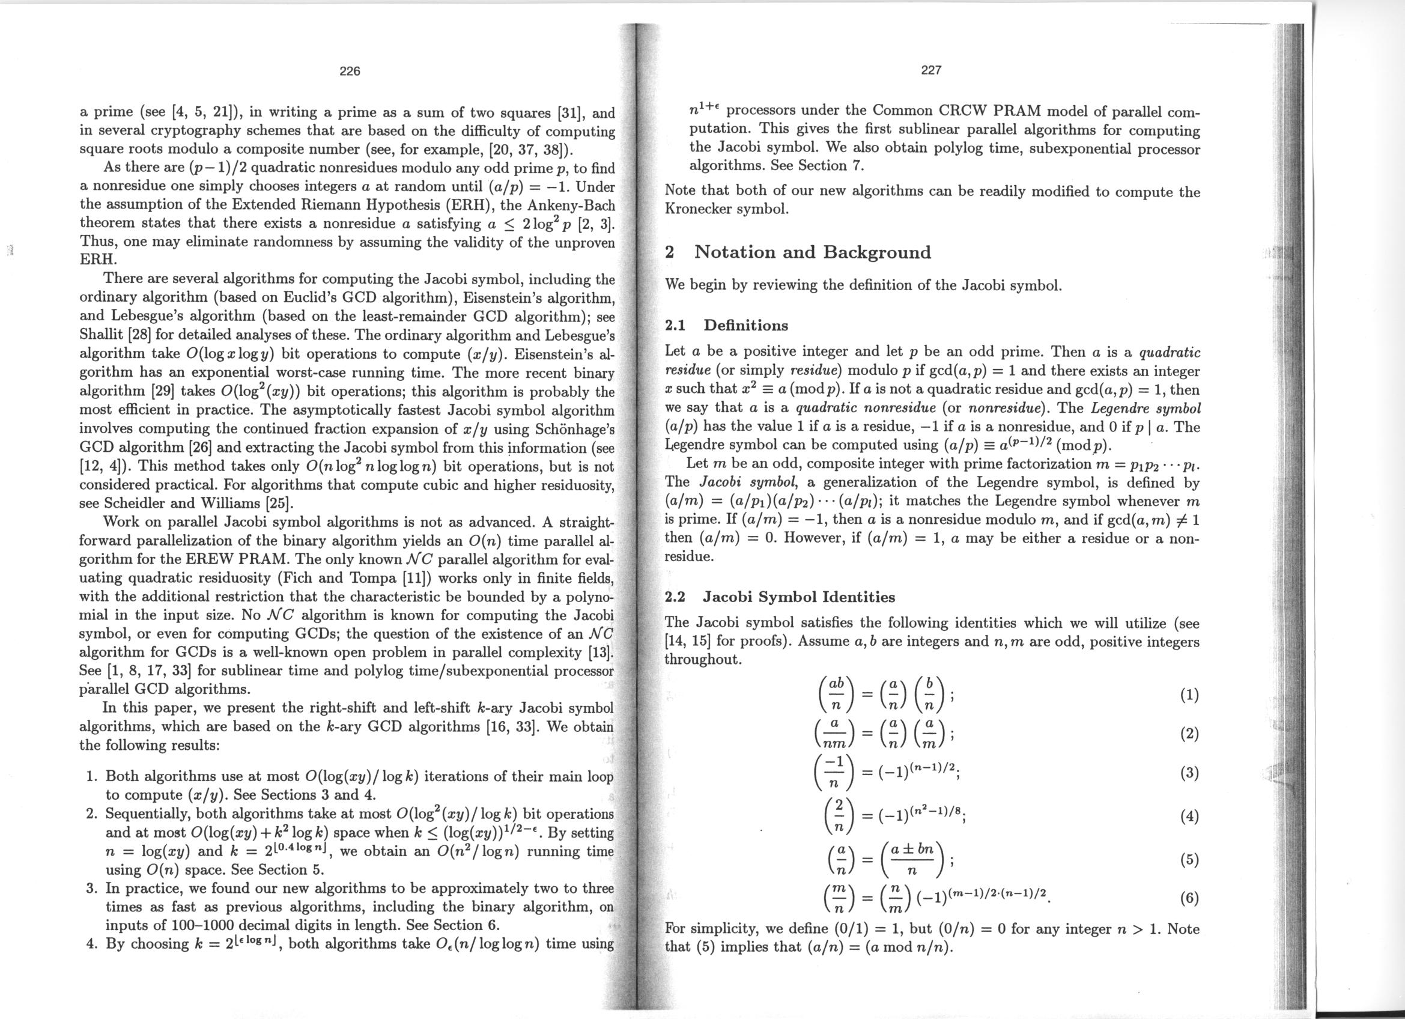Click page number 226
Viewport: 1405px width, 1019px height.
coord(350,71)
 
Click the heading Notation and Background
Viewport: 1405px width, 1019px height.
coord(812,252)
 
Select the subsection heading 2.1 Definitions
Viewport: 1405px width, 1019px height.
coord(726,325)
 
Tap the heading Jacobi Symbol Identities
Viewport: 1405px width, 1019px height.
coord(798,597)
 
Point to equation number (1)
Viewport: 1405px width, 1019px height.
coord(1189,695)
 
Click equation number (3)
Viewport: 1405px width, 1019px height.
coord(1189,774)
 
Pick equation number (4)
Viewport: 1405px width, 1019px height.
coord(1189,817)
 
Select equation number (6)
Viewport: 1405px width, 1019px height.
coord(1189,898)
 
